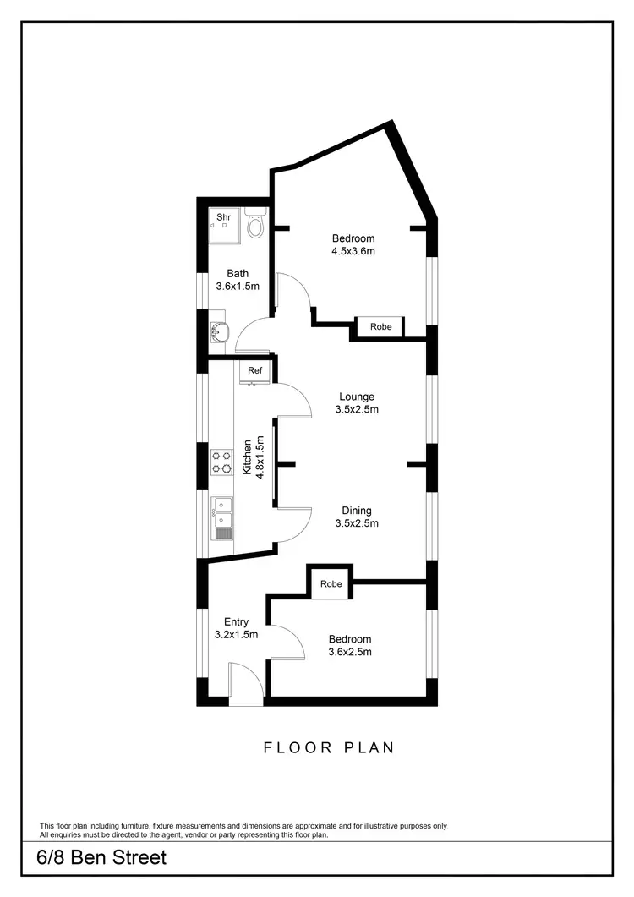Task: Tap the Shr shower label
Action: (224, 217)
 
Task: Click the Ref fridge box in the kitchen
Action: (254, 371)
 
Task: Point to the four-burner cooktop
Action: (221, 462)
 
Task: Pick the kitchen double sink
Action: (222, 514)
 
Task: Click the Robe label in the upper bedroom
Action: (381, 326)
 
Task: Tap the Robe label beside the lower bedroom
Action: (331, 584)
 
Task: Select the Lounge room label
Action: (357, 397)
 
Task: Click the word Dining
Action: (357, 511)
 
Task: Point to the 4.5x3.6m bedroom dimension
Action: (353, 251)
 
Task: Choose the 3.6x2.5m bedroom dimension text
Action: (350, 652)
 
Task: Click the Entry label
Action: (236, 622)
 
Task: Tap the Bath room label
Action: (238, 273)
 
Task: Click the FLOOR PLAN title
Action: (329, 747)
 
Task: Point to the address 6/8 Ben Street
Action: (101, 857)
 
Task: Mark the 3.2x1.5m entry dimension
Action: (236, 634)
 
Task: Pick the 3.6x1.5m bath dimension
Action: (238, 286)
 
